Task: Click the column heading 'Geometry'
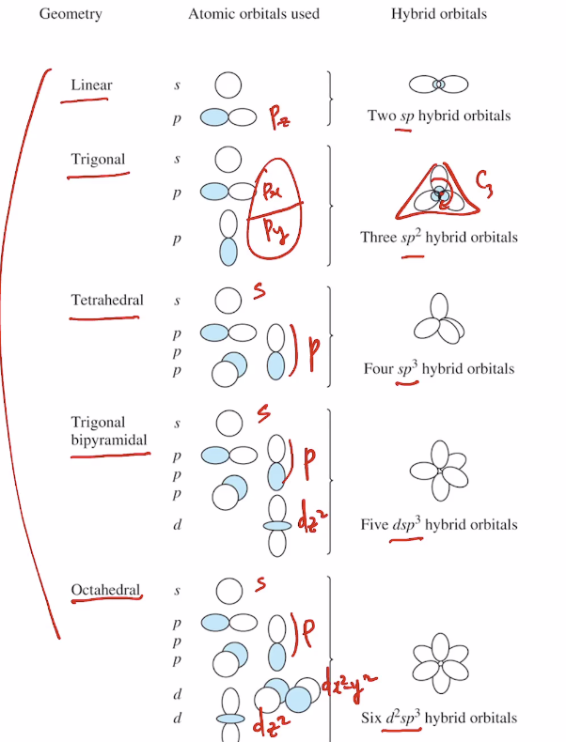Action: point(71,15)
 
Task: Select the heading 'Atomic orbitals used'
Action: point(253,15)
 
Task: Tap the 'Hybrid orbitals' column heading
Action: point(439,15)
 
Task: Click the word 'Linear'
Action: point(91,85)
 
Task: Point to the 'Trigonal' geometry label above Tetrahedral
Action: point(98,159)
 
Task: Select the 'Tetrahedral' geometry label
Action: point(107,301)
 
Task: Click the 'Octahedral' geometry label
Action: point(105,590)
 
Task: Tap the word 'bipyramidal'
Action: point(109,439)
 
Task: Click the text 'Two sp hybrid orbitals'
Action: point(439,116)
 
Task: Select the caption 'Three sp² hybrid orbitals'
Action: point(438,238)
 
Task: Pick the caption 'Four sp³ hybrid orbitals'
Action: point(438,369)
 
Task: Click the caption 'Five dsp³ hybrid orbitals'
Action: point(438,525)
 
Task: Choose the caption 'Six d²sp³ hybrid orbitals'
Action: point(438,719)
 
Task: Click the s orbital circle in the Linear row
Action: point(228,86)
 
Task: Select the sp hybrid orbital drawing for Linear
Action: point(438,85)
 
